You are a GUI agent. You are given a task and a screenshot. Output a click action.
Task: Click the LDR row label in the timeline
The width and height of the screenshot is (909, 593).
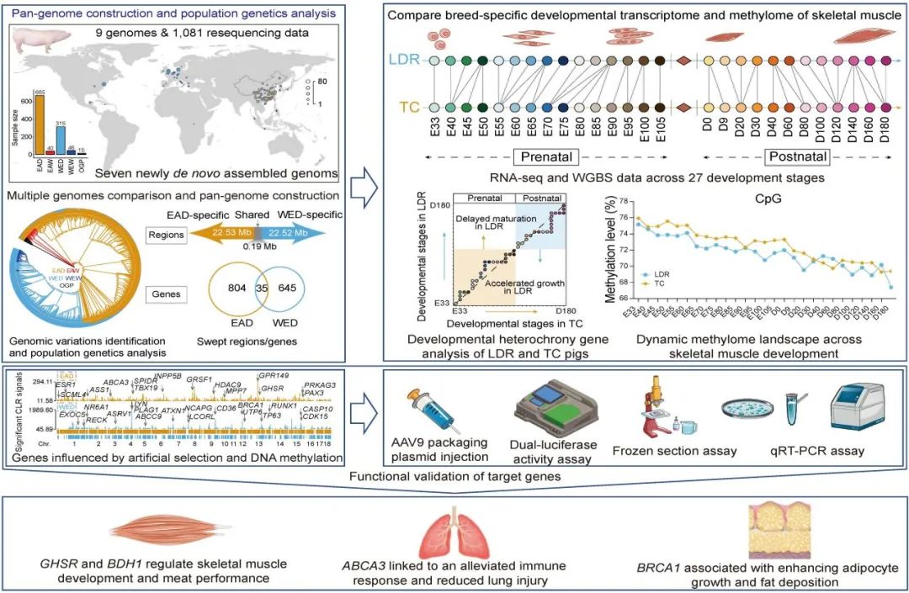tap(404, 61)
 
